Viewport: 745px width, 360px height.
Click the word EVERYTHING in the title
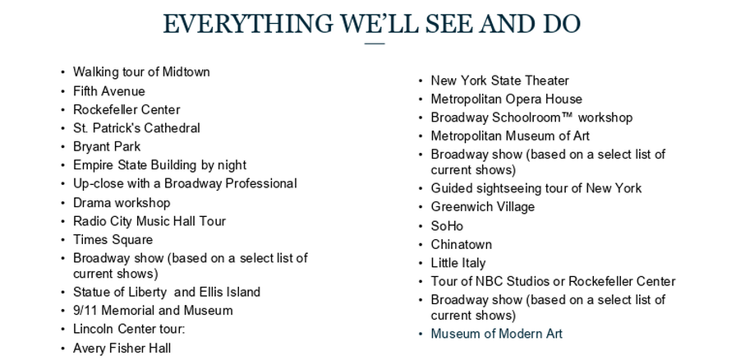click(247, 25)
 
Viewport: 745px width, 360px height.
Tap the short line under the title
click(375, 44)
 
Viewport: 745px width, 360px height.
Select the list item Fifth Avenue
click(108, 91)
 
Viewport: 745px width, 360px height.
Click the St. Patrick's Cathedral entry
click(136, 128)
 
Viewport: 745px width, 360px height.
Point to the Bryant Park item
click(107, 146)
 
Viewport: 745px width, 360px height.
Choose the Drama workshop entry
click(122, 202)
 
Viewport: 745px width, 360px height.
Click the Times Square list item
click(113, 240)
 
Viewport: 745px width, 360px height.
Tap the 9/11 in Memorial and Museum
click(85, 311)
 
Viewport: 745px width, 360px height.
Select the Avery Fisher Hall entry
click(122, 348)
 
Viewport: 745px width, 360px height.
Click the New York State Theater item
click(499, 81)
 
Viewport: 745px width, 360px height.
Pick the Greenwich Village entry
click(482, 207)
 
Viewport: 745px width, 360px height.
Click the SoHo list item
click(447, 226)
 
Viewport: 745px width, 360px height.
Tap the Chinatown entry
click(461, 244)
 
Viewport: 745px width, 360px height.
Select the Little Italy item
click(458, 263)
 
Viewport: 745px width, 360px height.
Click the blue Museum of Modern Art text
click(496, 334)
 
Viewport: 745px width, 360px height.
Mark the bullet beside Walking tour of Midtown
click(62, 72)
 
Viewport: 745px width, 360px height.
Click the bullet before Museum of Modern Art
click(421, 334)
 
